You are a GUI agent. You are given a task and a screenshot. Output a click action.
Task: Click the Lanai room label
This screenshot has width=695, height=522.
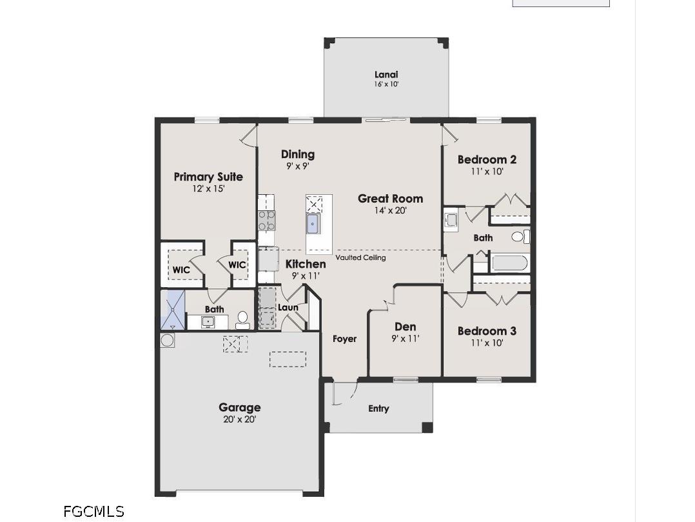pos(386,75)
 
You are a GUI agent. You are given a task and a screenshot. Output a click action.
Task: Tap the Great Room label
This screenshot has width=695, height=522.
pos(390,199)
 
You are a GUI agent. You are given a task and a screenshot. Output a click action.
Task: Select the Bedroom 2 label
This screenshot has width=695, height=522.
pos(487,160)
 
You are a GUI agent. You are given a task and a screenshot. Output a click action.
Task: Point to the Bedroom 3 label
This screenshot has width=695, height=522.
pos(487,331)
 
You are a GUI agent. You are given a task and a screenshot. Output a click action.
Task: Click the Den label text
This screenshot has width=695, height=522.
pos(406,327)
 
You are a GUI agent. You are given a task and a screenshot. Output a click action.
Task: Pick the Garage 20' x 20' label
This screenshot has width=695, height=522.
pos(239,419)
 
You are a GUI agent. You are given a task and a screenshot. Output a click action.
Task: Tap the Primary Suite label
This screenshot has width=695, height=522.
pos(208,177)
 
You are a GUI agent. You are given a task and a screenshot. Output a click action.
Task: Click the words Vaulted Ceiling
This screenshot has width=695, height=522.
pos(360,257)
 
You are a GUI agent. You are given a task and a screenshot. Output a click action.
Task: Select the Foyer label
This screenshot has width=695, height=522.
pos(344,339)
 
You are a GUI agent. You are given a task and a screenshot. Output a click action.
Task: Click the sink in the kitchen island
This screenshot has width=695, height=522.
pos(313,224)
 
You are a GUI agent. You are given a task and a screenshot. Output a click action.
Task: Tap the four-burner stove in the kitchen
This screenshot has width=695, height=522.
pos(267,221)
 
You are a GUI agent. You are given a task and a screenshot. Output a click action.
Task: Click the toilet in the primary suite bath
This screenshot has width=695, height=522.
pos(242,319)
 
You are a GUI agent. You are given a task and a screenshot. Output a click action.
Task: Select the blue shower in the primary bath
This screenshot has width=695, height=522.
pos(172,310)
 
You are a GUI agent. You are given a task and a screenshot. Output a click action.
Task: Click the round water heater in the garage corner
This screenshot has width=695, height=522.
pos(167,340)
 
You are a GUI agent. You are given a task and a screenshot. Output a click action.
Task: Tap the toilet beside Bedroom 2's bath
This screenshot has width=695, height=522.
pos(520,236)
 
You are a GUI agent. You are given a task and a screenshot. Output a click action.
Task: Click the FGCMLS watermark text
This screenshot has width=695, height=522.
pos(93,512)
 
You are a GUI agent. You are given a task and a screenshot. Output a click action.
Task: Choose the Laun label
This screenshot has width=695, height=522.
pos(288,308)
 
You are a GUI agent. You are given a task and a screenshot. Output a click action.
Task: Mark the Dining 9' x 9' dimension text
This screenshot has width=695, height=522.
pos(297,166)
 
